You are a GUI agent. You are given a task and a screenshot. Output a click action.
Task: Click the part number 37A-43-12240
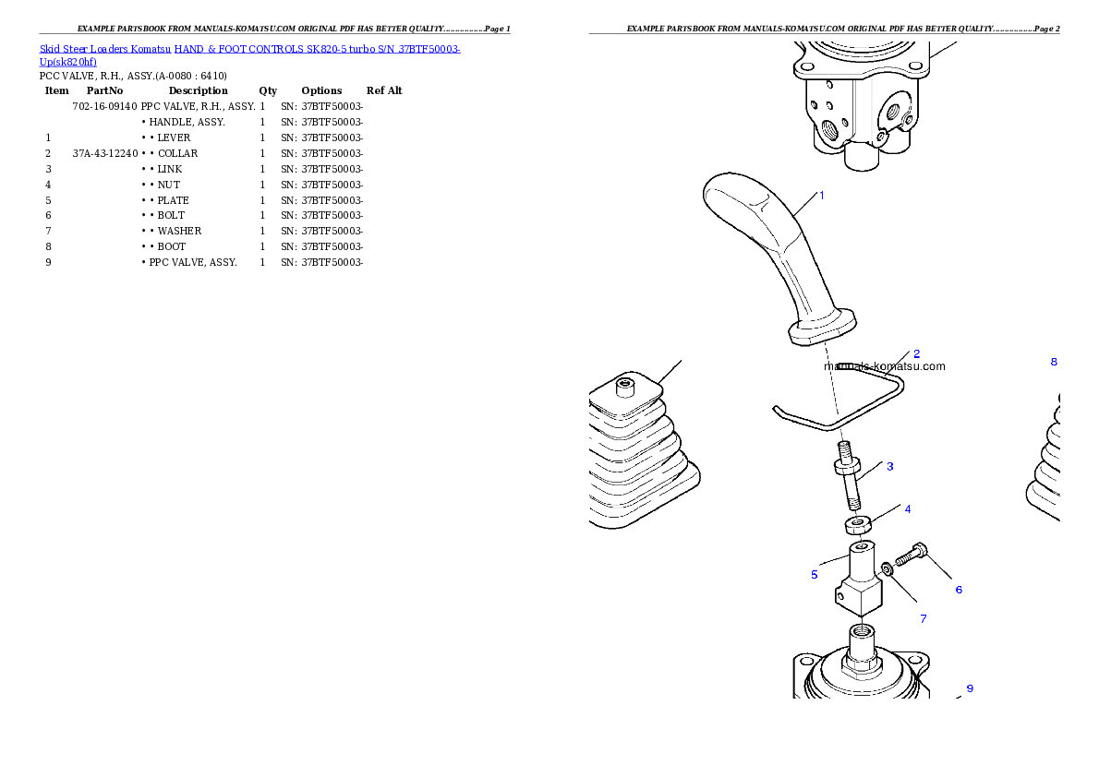pos(105,153)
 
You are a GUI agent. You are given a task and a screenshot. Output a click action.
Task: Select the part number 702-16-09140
pos(105,106)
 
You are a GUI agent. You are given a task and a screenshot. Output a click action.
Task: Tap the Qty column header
pos(268,91)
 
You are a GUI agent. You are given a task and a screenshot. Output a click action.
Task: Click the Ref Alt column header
pos(384,90)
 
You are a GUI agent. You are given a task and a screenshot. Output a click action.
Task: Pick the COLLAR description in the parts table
pos(177,153)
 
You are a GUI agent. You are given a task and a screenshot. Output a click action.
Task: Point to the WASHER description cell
pos(179,232)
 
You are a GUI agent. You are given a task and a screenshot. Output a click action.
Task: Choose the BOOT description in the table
pos(172,246)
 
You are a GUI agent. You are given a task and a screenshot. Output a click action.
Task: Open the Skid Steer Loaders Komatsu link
pos(105,49)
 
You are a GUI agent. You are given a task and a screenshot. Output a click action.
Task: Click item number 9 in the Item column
pos(48,263)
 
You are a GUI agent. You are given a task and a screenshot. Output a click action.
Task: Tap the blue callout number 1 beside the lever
pos(821,196)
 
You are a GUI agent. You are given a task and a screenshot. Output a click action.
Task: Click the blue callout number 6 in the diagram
pos(959,590)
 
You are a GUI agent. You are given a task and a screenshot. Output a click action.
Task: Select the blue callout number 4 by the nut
pos(908,509)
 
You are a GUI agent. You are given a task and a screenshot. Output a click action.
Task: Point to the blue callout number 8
pos(1054,363)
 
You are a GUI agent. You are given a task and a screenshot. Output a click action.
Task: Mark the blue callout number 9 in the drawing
pos(970,688)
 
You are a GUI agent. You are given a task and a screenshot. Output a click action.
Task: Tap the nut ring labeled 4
pos(857,524)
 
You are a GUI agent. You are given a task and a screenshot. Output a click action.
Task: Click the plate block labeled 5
pos(859,578)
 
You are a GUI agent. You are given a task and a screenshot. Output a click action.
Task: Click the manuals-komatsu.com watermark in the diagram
pos(885,366)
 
